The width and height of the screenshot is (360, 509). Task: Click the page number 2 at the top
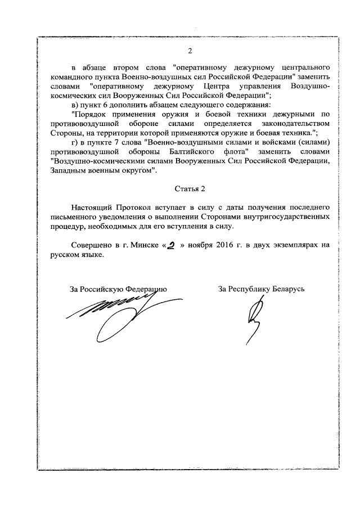190,52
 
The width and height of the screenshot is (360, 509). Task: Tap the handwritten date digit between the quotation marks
166,245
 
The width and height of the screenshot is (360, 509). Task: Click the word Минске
139,245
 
